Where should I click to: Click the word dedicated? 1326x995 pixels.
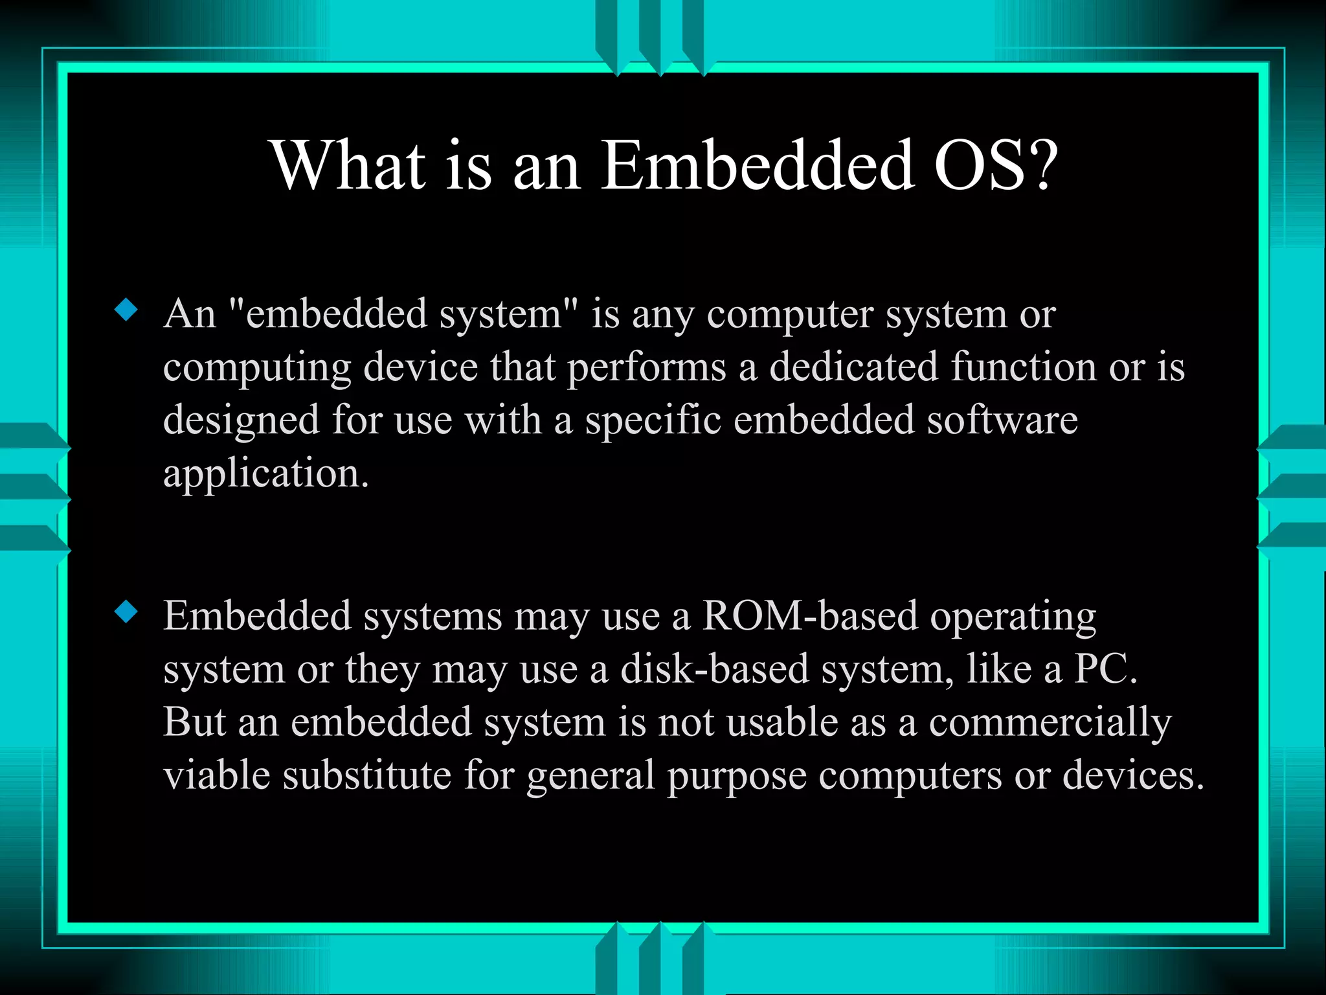(x=853, y=367)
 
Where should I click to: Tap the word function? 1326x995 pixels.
(x=1024, y=367)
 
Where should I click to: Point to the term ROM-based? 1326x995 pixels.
(x=810, y=615)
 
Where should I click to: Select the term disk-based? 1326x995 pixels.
(x=715, y=669)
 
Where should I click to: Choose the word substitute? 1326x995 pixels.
(x=367, y=775)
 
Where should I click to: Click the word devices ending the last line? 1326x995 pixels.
(x=1133, y=775)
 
